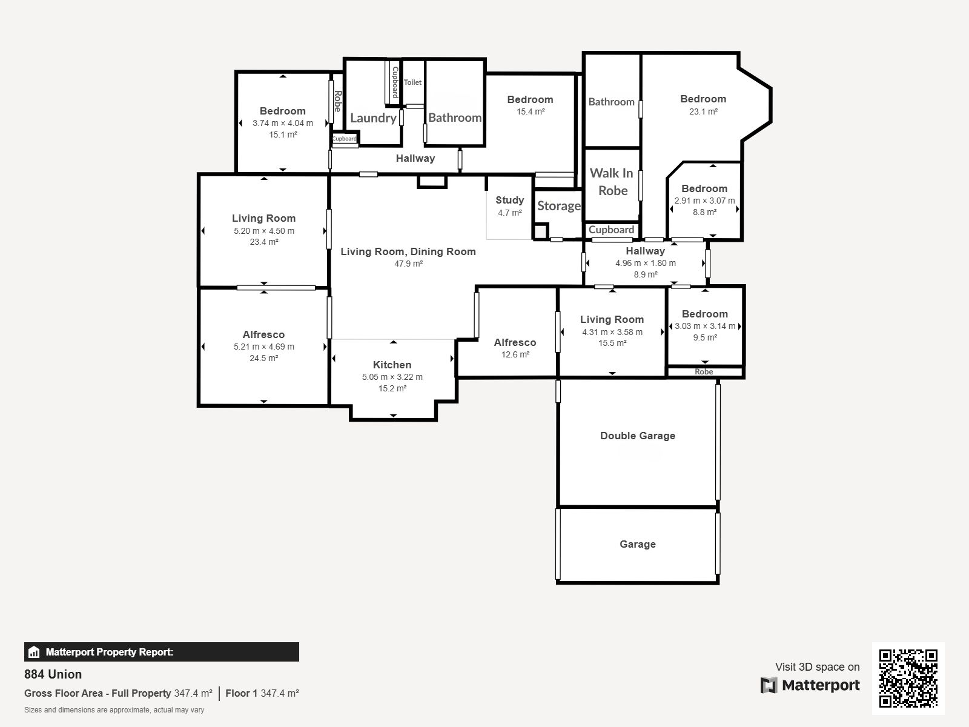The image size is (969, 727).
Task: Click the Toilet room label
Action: point(412,82)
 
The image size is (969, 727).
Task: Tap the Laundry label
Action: point(374,118)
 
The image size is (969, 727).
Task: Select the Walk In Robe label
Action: point(612,181)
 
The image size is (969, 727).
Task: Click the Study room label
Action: point(509,200)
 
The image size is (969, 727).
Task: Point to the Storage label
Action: point(559,206)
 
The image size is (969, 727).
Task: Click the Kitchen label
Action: point(392,365)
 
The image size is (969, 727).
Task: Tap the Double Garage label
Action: point(638,436)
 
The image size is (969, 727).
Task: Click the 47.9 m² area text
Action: point(408,264)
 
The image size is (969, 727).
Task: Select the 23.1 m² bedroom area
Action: point(703,111)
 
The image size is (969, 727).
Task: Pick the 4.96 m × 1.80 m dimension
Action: point(646,263)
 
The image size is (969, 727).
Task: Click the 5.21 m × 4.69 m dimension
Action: point(263,347)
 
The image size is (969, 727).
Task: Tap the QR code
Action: point(908,678)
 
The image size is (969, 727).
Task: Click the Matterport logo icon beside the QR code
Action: point(769,685)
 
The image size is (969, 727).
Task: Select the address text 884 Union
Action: point(53,674)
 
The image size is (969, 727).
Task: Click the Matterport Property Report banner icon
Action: point(33,652)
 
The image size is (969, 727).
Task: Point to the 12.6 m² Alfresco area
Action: point(515,354)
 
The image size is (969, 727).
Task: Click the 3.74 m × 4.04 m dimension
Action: point(283,123)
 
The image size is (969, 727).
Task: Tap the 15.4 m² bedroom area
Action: point(530,111)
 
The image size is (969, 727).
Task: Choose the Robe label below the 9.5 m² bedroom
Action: point(704,371)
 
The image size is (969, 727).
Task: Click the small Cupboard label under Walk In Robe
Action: point(611,230)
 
